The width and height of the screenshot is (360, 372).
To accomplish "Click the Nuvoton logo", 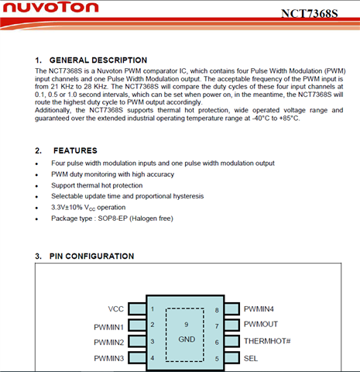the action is pyautogui.click(x=50, y=8).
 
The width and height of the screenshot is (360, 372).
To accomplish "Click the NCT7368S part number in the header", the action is pyautogui.click(x=309, y=14).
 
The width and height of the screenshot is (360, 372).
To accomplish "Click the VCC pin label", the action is pyautogui.click(x=116, y=309).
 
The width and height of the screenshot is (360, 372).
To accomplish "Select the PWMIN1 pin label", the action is pyautogui.click(x=109, y=327).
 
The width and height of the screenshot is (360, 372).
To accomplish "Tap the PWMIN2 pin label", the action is pyautogui.click(x=109, y=343).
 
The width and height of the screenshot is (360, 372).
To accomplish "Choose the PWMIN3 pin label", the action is pyautogui.click(x=109, y=358).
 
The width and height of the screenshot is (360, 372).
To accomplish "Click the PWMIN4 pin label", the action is pyautogui.click(x=259, y=309).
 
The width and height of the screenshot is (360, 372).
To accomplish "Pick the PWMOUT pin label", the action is pyautogui.click(x=261, y=324).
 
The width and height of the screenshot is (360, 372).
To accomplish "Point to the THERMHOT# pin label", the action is pyautogui.click(x=267, y=341).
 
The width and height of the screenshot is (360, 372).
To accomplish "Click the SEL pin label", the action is pyautogui.click(x=251, y=358).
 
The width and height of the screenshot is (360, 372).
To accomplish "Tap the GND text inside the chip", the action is pyautogui.click(x=187, y=339).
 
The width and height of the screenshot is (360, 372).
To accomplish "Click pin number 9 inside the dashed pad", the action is pyautogui.click(x=187, y=325).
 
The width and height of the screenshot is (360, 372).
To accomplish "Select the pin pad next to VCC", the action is pyautogui.click(x=137, y=309).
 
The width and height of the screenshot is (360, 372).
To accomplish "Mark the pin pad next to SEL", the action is pyautogui.click(x=231, y=358).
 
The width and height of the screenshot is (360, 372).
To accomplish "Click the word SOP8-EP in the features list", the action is pyautogui.click(x=113, y=219).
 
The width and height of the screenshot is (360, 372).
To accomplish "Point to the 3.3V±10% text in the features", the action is pyautogui.click(x=67, y=207).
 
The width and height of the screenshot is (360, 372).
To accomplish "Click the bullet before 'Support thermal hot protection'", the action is pyautogui.click(x=36, y=186).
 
